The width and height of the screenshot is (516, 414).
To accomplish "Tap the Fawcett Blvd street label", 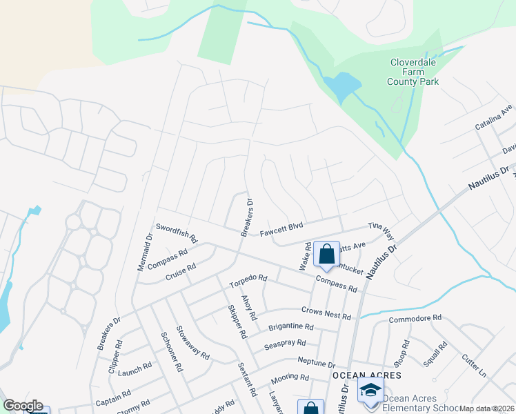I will click(281, 229).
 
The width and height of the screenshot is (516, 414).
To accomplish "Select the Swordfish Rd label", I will click(177, 233).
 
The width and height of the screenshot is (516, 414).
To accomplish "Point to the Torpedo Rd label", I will click(248, 281).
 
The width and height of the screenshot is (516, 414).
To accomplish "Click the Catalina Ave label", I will click(494, 118).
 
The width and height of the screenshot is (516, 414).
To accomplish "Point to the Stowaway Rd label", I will click(192, 343).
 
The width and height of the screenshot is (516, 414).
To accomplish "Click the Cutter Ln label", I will click(474, 365).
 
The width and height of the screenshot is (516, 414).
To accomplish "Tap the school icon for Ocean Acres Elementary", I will click(371, 390).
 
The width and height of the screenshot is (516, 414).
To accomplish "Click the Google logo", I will click(23, 406).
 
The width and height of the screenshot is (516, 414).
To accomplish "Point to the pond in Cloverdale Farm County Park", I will click(341, 86).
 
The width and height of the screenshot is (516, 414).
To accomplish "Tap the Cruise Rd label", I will click(181, 270).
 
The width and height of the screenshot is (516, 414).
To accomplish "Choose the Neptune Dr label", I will click(316, 362).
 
